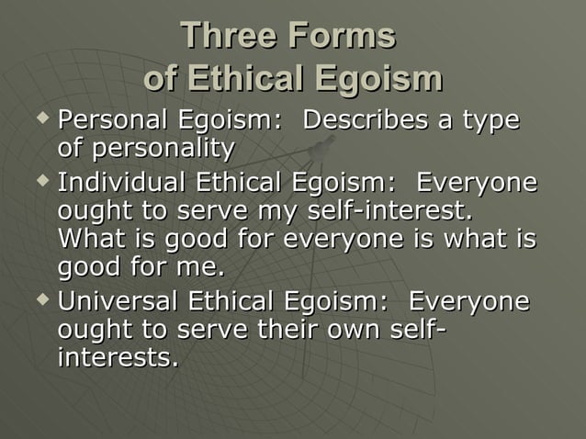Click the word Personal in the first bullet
point(112,120)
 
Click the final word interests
point(117,357)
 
